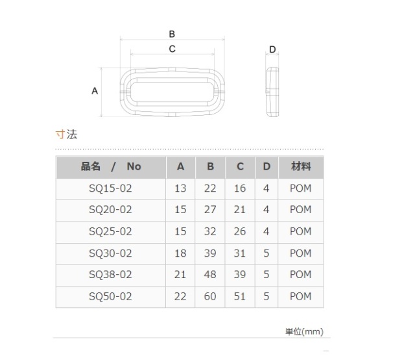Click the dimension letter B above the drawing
pos(172,34)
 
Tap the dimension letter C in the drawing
pos(172,49)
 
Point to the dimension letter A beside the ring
pos(95,91)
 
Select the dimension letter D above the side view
pos(272,49)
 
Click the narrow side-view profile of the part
pos(272,92)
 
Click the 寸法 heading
pos(66,135)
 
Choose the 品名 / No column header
pos(111,166)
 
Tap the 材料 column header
pos(301,166)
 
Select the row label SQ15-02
pos(110,188)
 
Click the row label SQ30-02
pos(110,253)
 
